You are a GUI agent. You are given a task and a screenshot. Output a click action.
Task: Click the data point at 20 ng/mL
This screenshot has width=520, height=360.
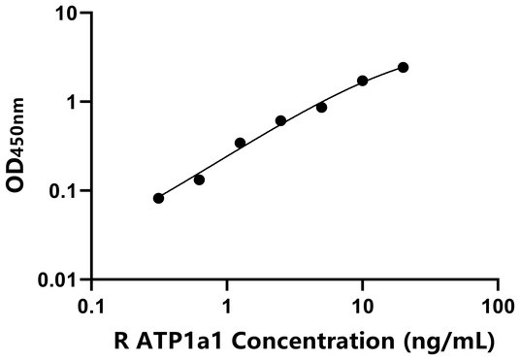pos(404,67)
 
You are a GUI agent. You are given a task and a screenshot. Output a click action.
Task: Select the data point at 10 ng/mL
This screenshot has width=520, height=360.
pos(363,81)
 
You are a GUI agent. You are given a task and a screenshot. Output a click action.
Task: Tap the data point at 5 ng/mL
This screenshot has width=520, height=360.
pos(321,107)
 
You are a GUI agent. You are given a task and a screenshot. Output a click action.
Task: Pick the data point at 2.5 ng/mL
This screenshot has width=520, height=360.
pos(280,120)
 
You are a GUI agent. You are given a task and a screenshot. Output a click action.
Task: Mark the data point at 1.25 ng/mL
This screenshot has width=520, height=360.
pos(240,143)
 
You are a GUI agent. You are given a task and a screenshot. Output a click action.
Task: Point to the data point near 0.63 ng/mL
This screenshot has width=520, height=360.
pos(199,180)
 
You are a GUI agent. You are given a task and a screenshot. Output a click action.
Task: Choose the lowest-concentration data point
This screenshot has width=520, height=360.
pos(158,198)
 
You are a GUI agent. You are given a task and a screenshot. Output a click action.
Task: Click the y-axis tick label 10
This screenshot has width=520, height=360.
pos(65,14)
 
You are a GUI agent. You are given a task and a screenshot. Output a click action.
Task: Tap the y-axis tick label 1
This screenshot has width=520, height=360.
pos(72,102)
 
